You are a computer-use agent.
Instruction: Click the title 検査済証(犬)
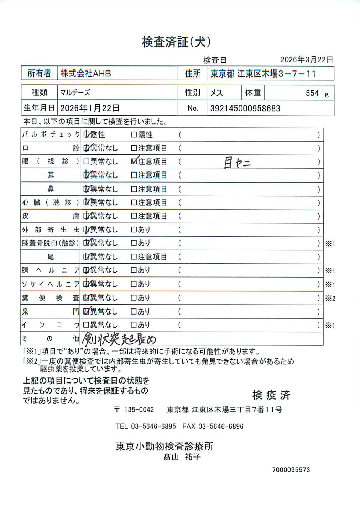pyautogui.click(x=176, y=42)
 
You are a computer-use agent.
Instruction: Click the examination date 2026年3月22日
pyautogui.click(x=307, y=60)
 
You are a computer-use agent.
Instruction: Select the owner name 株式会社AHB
pyautogui.click(x=85, y=74)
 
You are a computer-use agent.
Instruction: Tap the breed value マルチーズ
pyautogui.click(x=75, y=93)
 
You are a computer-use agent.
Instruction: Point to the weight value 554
pyautogui.click(x=312, y=93)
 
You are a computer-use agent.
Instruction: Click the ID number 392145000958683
pyautogui.click(x=245, y=109)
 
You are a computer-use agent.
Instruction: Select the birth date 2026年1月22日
pyautogui.click(x=90, y=108)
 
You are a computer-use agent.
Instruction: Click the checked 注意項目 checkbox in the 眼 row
pyautogui.click(x=134, y=162)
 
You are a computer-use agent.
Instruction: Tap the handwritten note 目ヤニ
pyautogui.click(x=237, y=163)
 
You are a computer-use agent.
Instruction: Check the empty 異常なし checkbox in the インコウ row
pyautogui.click(x=86, y=325)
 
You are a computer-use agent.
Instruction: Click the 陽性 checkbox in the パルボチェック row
pyautogui.click(x=134, y=135)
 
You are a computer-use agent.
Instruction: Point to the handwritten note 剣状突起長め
pyautogui.click(x=119, y=338)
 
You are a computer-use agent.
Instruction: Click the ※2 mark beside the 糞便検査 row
pyautogui.click(x=330, y=298)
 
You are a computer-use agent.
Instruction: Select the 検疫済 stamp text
pyautogui.click(x=271, y=395)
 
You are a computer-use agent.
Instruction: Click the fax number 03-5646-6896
pyautogui.click(x=221, y=426)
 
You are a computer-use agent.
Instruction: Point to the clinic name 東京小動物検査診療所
pyautogui.click(x=165, y=446)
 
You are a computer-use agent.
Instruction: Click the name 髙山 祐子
pyautogui.click(x=182, y=457)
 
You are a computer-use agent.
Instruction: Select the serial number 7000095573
pyautogui.click(x=291, y=470)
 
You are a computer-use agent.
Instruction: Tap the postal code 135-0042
pyautogui.click(x=139, y=410)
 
